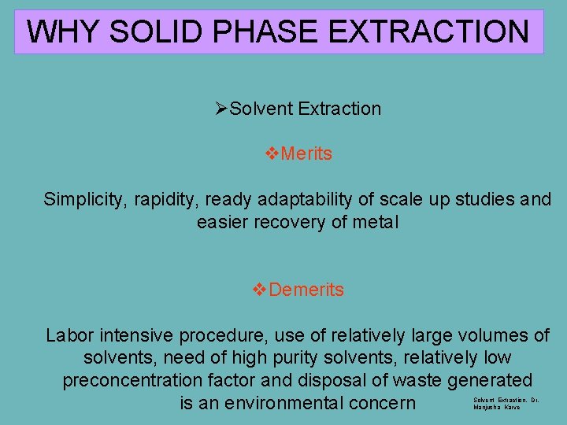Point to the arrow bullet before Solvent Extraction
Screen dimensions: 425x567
click(221, 109)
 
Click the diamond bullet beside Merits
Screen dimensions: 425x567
click(273, 153)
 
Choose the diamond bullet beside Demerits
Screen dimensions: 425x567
click(259, 290)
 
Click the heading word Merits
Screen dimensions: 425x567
click(306, 153)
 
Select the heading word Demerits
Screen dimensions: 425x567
click(306, 290)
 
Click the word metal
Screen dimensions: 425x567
click(376, 223)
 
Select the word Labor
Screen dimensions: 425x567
click(69, 336)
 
